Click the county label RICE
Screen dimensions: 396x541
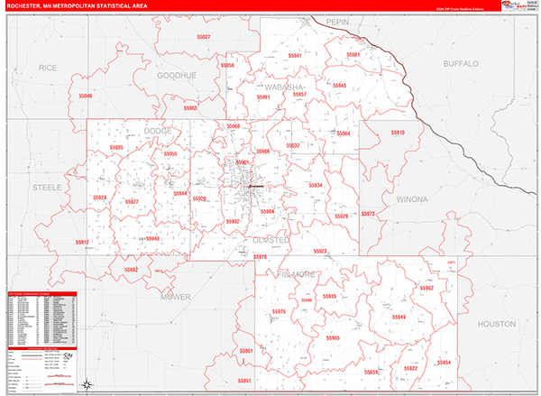point(48,68)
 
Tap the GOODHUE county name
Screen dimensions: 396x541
point(177,76)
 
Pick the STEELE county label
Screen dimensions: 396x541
point(47,187)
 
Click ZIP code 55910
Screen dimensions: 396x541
point(397,133)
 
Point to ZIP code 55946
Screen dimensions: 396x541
point(85,95)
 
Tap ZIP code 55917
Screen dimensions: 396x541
point(82,243)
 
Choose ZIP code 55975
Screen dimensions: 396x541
point(278,311)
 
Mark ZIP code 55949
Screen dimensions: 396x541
point(398,317)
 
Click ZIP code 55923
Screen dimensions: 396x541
point(320,252)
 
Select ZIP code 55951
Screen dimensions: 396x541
point(245,382)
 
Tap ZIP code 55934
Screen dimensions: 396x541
point(315,185)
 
